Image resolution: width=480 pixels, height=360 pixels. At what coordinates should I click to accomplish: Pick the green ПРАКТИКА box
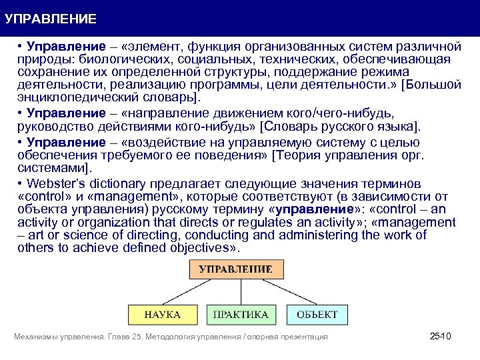tap(241, 314)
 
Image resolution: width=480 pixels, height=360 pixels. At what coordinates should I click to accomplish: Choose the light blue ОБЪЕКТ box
tap(317, 314)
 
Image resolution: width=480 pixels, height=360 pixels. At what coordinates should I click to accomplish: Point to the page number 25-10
tap(441, 337)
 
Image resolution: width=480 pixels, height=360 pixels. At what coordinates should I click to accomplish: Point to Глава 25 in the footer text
tap(125, 337)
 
